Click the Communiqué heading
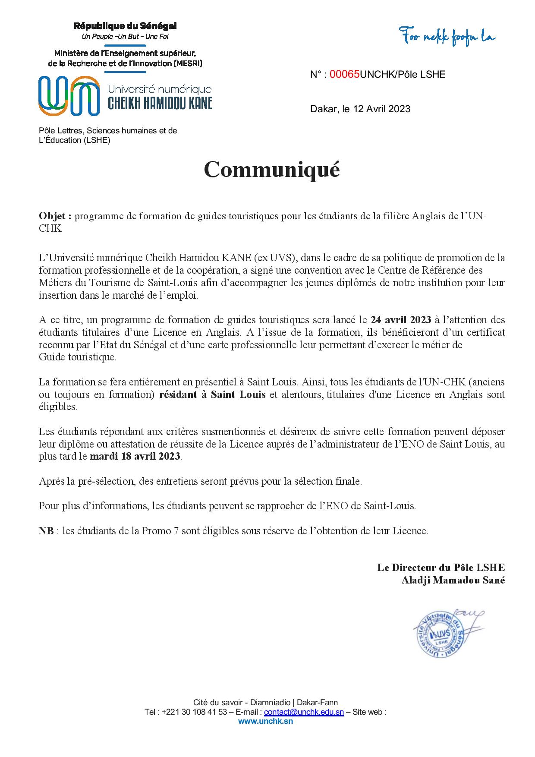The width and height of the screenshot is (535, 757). pos(272,169)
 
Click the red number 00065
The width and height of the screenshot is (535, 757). pos(344,74)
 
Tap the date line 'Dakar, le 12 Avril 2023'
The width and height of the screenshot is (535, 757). pos(360,109)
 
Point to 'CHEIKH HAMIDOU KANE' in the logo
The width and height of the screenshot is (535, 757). pos(160,103)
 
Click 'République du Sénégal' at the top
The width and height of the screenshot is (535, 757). pos(125,26)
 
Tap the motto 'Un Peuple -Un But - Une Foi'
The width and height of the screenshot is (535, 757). pos(125,36)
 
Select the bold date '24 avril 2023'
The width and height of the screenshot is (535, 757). pos(401,320)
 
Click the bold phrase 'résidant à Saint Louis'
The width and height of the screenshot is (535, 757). pos(212,394)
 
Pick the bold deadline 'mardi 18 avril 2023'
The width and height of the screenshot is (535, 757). pos(135,456)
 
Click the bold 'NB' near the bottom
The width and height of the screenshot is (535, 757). pos(46,531)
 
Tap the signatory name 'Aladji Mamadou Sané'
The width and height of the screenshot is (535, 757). pos(453,580)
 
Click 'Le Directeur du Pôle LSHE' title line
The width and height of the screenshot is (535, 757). pos(441,568)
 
